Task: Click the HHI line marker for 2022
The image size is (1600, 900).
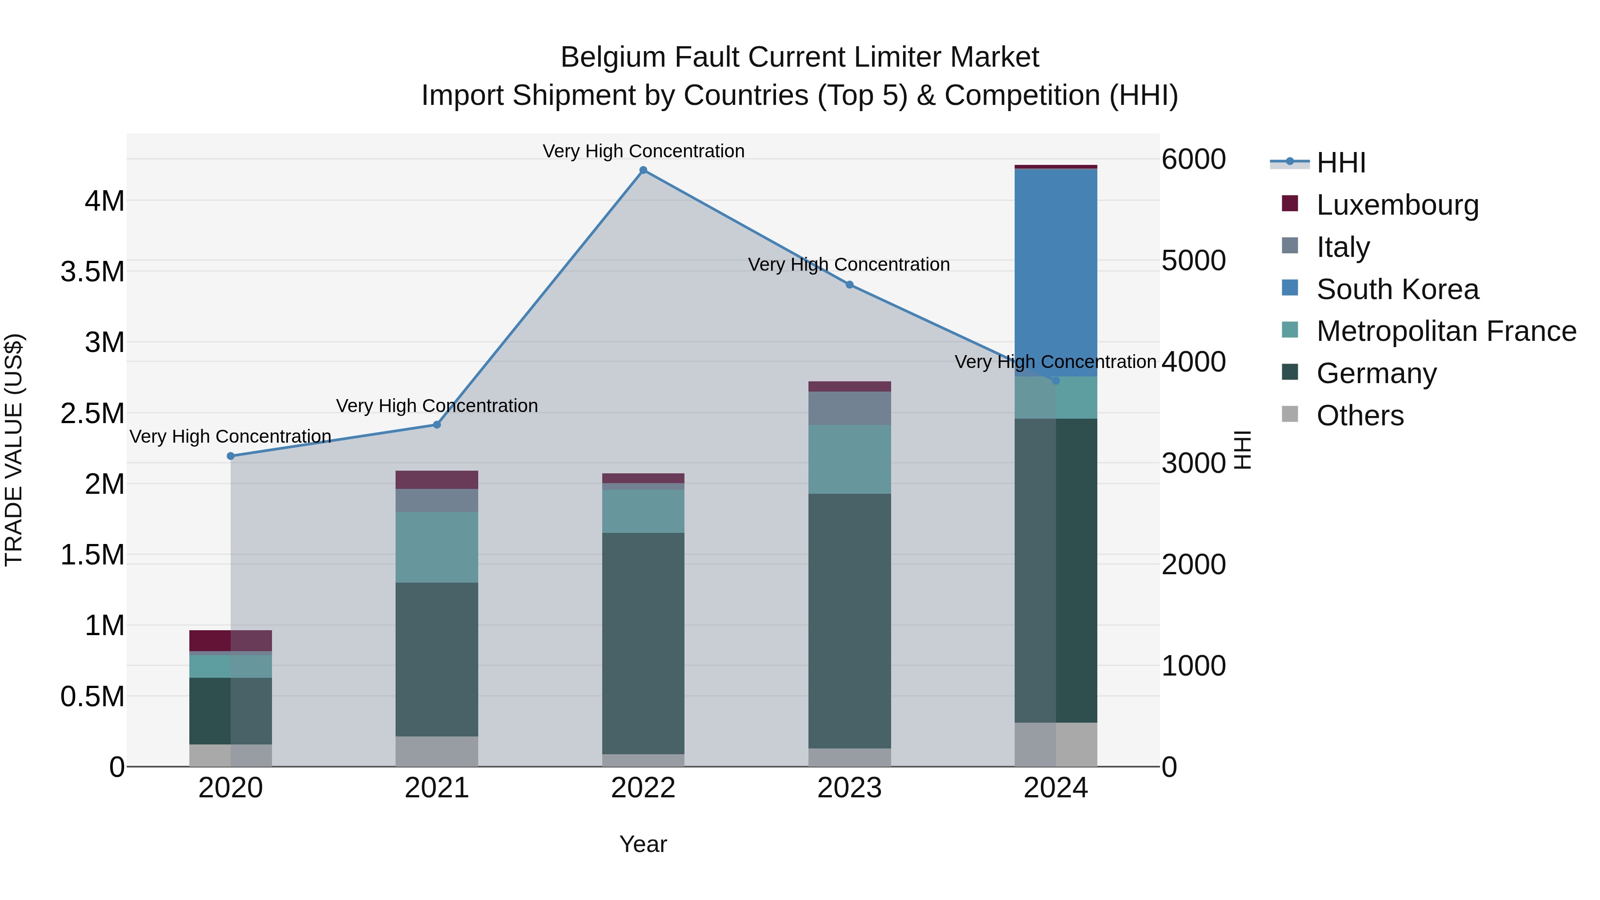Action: click(643, 170)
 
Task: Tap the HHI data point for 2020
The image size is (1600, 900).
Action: click(230, 456)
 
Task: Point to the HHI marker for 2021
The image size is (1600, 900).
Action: click(436, 425)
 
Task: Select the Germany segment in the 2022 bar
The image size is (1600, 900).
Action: click(643, 643)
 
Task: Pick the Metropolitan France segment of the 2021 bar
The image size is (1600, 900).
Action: click(436, 547)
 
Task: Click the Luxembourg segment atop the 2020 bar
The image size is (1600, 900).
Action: click(230, 640)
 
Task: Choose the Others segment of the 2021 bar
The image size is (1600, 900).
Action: click(436, 751)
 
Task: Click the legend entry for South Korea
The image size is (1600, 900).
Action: click(1397, 289)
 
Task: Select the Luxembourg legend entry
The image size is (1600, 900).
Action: click(1397, 205)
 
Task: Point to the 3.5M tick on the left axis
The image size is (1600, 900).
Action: click(92, 272)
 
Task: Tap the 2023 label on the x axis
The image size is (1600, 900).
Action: click(849, 788)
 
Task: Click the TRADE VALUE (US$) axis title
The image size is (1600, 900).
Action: click(14, 450)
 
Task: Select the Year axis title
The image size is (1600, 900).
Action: click(643, 844)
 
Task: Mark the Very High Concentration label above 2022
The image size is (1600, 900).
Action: click(643, 151)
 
